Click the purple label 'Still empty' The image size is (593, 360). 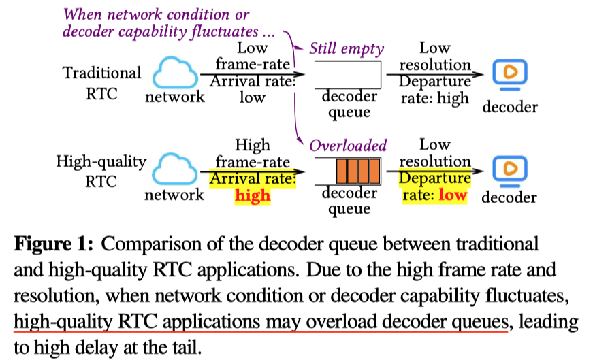347,48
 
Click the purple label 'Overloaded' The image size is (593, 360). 348,145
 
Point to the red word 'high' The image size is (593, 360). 252,195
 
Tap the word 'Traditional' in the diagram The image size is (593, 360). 102,73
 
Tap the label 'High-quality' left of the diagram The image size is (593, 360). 102,162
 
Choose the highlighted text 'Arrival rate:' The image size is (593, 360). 253,178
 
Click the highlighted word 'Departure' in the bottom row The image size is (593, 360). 435,178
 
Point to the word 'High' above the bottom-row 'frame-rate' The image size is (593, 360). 252,145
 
